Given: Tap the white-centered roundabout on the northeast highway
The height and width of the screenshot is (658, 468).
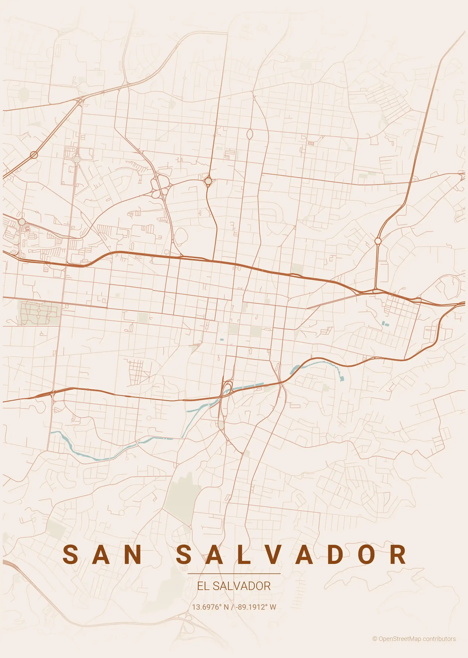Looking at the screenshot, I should click(x=378, y=241).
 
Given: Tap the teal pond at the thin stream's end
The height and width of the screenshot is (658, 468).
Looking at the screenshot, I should click(x=342, y=378).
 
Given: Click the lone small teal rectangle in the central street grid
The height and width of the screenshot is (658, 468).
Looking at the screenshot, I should click(x=222, y=340).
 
